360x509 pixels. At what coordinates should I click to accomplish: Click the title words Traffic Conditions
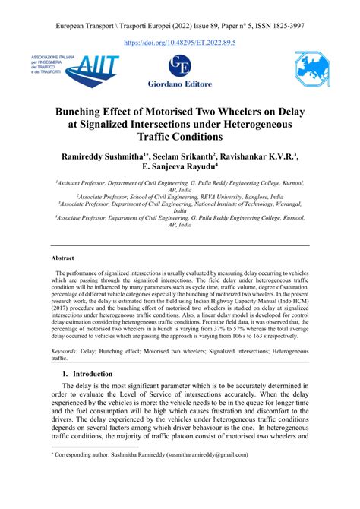click(x=180, y=138)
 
